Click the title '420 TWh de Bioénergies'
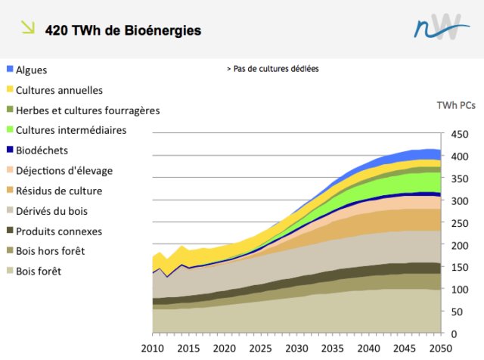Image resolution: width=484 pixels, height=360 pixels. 123,31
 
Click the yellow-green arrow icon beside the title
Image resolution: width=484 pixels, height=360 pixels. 27,28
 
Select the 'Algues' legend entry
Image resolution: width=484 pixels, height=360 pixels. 31,70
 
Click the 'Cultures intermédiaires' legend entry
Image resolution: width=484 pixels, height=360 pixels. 71,130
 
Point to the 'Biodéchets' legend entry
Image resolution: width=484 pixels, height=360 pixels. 42,151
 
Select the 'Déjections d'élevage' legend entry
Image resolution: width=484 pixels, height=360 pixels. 65,171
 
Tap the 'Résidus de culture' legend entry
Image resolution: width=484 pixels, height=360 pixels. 59,191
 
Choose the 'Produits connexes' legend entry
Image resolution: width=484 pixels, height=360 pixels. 59,231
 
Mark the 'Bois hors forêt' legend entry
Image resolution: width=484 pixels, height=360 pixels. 51,251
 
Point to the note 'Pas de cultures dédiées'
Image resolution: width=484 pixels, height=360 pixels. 273,69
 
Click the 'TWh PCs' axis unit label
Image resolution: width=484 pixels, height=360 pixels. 456,105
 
